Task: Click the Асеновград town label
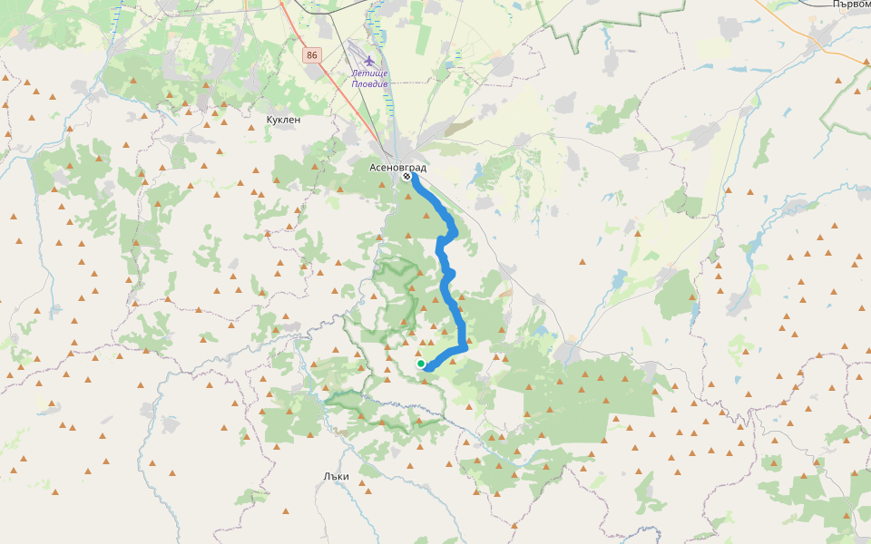(x=397, y=168)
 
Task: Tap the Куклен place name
(x=283, y=120)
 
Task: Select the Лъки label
(x=336, y=476)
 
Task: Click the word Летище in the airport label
(x=369, y=73)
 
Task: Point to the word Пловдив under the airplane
(x=370, y=83)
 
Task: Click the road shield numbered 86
(x=312, y=55)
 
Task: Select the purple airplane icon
(x=369, y=60)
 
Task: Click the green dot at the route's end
(x=421, y=364)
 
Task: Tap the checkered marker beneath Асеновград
(x=406, y=177)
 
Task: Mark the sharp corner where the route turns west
(x=465, y=347)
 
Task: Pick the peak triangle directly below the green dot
(x=422, y=383)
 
